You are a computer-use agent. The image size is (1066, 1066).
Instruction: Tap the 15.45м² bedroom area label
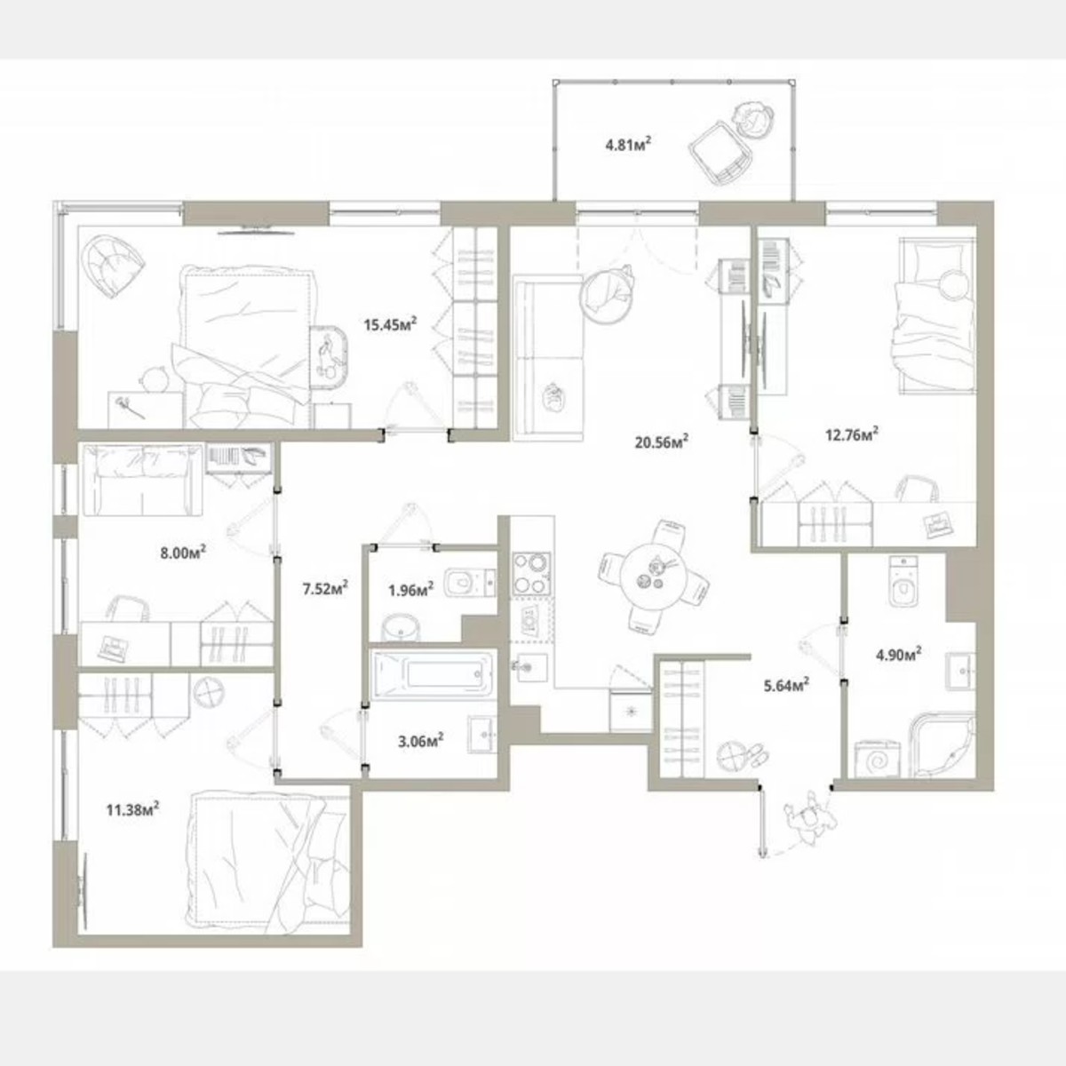coord(391,325)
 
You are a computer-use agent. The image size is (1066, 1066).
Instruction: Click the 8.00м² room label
coord(183,553)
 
